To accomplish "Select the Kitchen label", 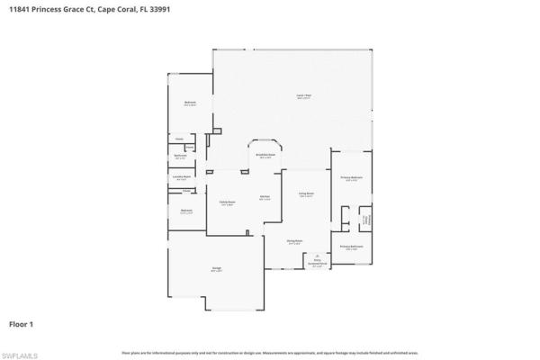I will tap(265, 198).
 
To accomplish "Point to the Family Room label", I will tap(227, 203).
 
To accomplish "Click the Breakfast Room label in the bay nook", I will tap(266, 156).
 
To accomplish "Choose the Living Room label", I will tap(306, 194).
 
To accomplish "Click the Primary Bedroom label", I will tap(351, 179).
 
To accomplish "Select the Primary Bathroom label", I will tap(351, 247).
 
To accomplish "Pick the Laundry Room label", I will tap(181, 178).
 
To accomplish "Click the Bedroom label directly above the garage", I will tap(185, 211).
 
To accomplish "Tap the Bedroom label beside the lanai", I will tap(191, 103).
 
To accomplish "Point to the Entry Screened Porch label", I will tap(317, 264).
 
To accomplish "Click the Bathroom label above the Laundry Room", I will tap(180, 157).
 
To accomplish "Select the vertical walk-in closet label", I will tap(364, 219).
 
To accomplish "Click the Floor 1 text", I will tap(22, 322).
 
